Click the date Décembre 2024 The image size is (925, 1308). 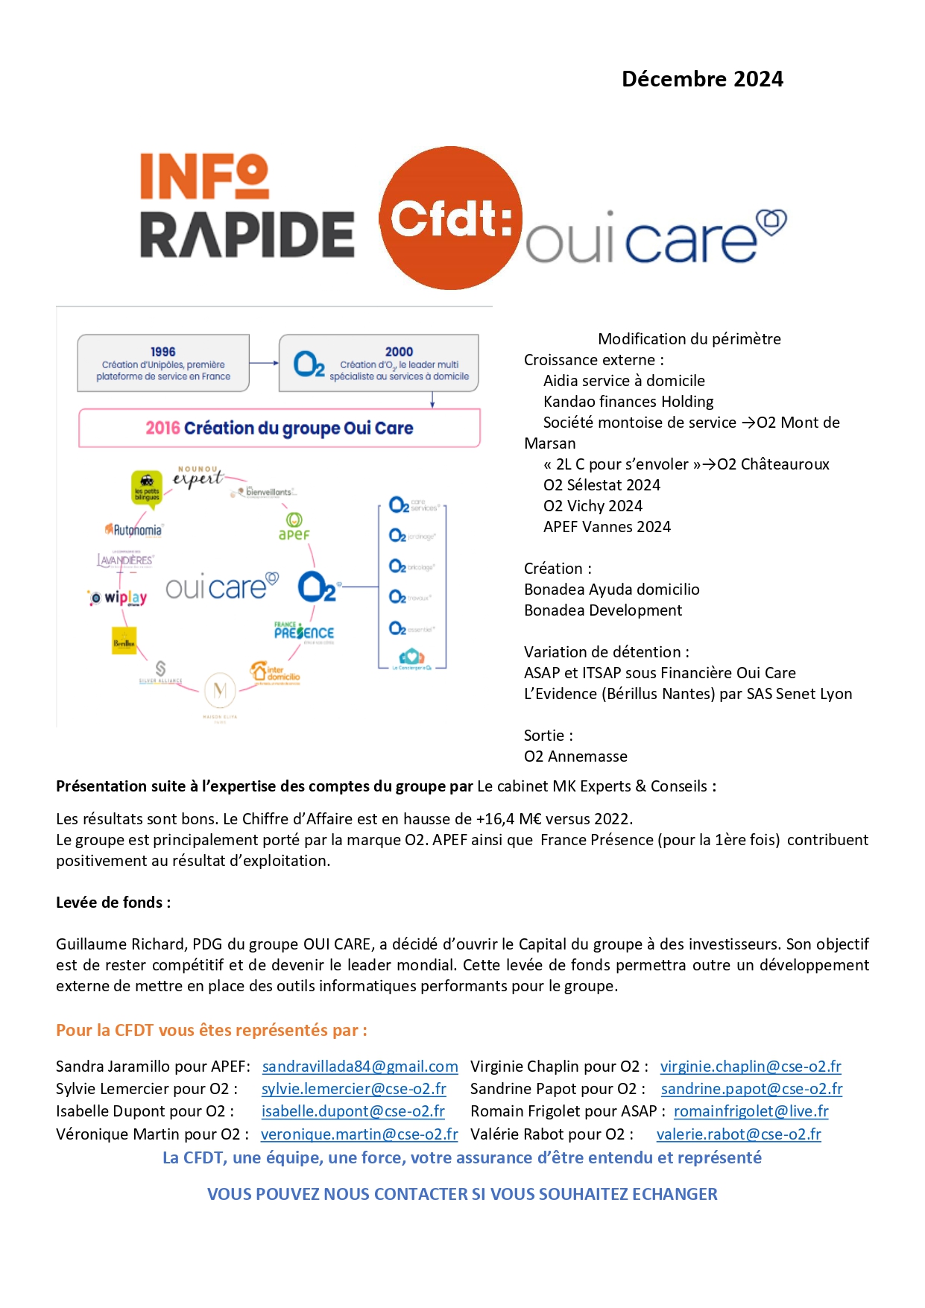point(702,79)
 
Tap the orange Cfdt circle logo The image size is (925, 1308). point(450,218)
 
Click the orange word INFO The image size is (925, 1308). point(204,177)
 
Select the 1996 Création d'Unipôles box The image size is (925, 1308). point(163,363)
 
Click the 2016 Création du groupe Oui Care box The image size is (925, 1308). point(280,428)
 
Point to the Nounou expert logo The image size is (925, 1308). point(198,476)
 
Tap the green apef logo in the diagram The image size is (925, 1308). point(294,526)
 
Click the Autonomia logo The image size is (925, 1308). point(133,530)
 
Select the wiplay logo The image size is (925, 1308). point(119,598)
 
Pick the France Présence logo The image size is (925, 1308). point(303,631)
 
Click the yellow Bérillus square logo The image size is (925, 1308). point(124,642)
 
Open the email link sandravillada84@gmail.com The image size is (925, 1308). point(360,1067)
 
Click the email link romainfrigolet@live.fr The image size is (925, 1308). point(751,1111)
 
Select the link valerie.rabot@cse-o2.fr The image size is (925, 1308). point(739,1134)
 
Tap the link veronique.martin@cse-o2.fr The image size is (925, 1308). point(359,1134)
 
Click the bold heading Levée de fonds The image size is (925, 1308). point(113,903)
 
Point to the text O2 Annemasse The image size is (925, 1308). point(575,756)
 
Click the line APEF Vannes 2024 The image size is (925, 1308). point(607,527)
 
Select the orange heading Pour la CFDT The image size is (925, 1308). point(211,1030)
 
